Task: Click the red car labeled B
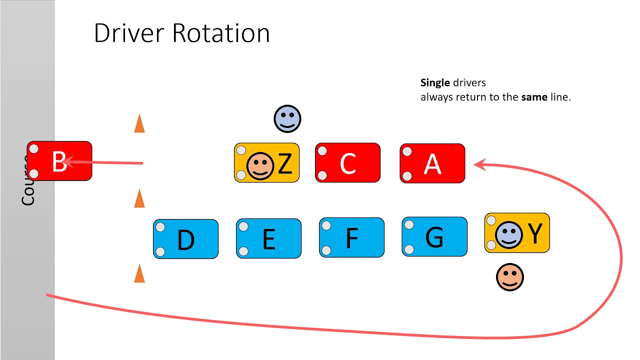point(59,161)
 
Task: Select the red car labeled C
point(347,162)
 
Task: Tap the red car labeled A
point(432,162)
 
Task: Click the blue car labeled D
point(185,239)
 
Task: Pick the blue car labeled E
point(268,238)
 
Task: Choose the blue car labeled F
point(351,237)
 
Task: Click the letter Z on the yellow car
point(284,164)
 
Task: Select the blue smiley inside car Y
point(509,234)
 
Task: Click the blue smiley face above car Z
point(287,119)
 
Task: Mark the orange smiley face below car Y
point(509,277)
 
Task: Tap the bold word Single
point(435,83)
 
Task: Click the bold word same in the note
point(534,97)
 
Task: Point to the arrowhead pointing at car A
point(480,164)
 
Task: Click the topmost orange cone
point(139,123)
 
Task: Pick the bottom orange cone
point(139,274)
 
